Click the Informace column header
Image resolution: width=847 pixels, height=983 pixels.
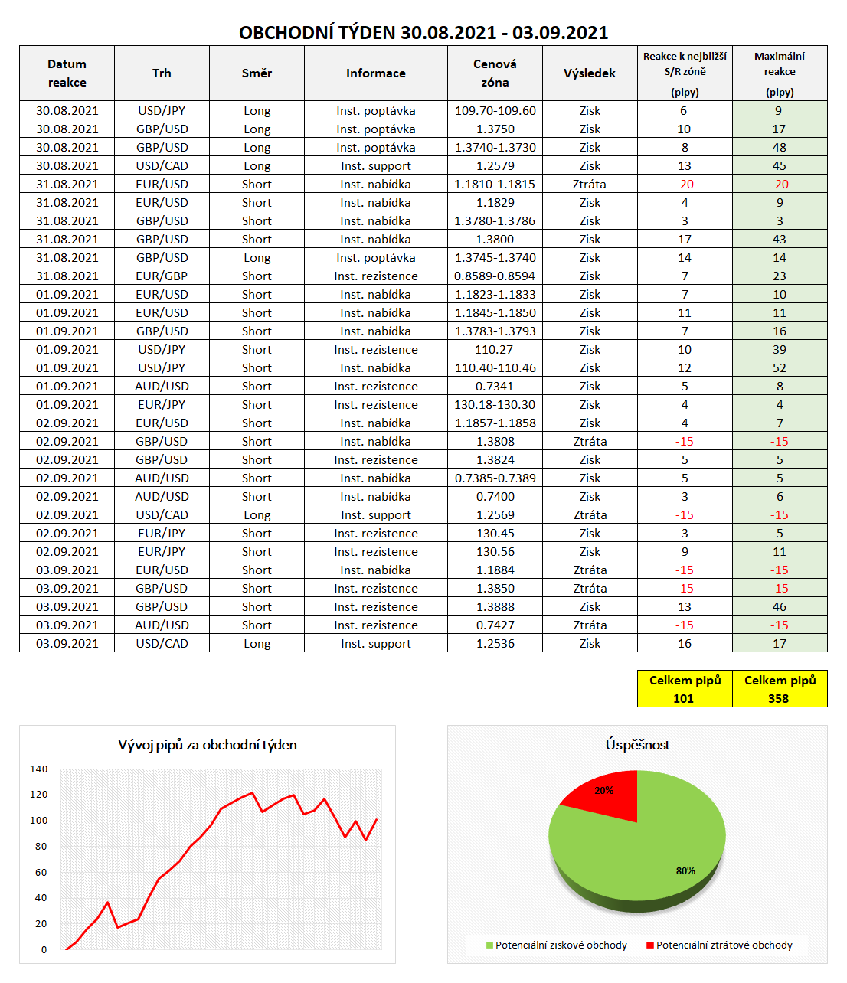[375, 73]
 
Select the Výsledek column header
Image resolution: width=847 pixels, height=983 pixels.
[590, 73]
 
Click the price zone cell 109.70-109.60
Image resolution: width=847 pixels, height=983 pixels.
[495, 111]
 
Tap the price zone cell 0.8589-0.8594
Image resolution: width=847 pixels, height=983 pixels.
[495, 276]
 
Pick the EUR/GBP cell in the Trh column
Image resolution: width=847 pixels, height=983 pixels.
[162, 276]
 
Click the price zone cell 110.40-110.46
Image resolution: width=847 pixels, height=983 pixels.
[495, 368]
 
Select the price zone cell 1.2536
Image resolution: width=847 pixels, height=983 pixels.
[495, 644]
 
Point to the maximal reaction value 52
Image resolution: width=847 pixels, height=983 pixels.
[779, 368]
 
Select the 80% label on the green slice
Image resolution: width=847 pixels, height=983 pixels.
[685, 871]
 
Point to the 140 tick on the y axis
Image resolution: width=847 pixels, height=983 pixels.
[39, 769]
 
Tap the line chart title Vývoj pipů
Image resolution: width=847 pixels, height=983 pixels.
[208, 745]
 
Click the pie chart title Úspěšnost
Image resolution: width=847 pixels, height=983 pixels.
[637, 745]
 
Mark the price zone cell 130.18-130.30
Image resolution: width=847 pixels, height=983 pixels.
[495, 405]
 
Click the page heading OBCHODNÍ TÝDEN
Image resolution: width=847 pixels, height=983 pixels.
[423, 33]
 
